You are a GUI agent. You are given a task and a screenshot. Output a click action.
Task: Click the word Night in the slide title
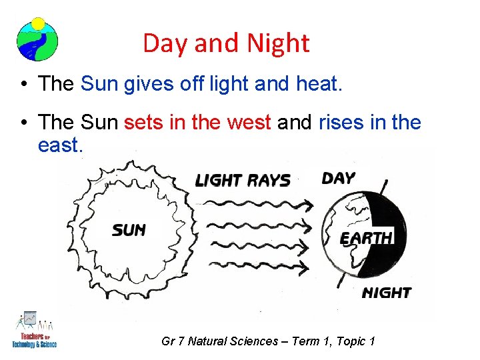click(278, 43)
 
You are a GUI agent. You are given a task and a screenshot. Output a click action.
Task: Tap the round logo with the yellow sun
click(37, 39)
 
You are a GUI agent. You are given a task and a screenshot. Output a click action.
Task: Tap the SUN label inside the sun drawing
click(129, 231)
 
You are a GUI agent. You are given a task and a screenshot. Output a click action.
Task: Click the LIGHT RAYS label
click(242, 180)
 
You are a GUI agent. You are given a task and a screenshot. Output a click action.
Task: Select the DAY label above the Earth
click(338, 178)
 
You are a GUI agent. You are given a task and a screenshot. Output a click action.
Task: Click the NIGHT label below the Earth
click(386, 292)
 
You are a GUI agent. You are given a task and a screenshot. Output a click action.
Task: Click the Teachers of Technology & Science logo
click(34, 329)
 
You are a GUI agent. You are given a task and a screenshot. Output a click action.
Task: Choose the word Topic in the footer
click(354, 341)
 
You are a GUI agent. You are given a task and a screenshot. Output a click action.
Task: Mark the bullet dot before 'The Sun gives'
click(23, 84)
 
